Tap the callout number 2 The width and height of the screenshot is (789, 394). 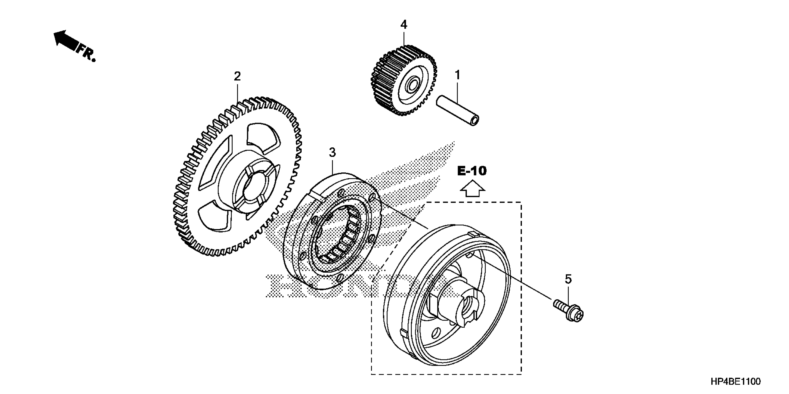point(237,76)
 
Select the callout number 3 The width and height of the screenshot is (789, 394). point(332,152)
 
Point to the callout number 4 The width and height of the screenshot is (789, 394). point(404,25)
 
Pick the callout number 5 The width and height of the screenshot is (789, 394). point(568,279)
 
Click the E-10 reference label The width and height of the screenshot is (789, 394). point(472,171)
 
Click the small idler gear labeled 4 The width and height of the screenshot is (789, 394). point(404,81)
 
